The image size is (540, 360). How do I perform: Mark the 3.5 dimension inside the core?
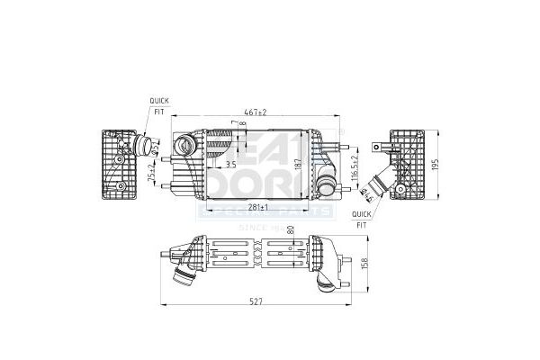(x=230, y=165)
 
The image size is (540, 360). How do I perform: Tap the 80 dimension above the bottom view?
(x=290, y=233)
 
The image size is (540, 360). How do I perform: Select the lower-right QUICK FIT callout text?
(x=361, y=218)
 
